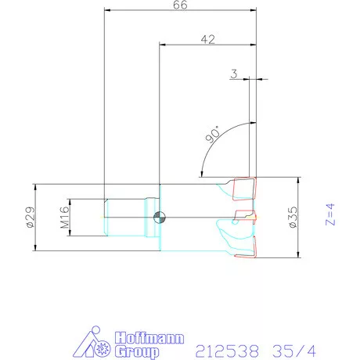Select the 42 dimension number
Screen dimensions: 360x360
207,38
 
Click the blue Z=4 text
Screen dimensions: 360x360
329,214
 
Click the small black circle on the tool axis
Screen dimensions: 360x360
159,217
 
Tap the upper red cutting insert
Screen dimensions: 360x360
244,189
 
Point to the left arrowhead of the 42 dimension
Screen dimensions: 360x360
163,45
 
